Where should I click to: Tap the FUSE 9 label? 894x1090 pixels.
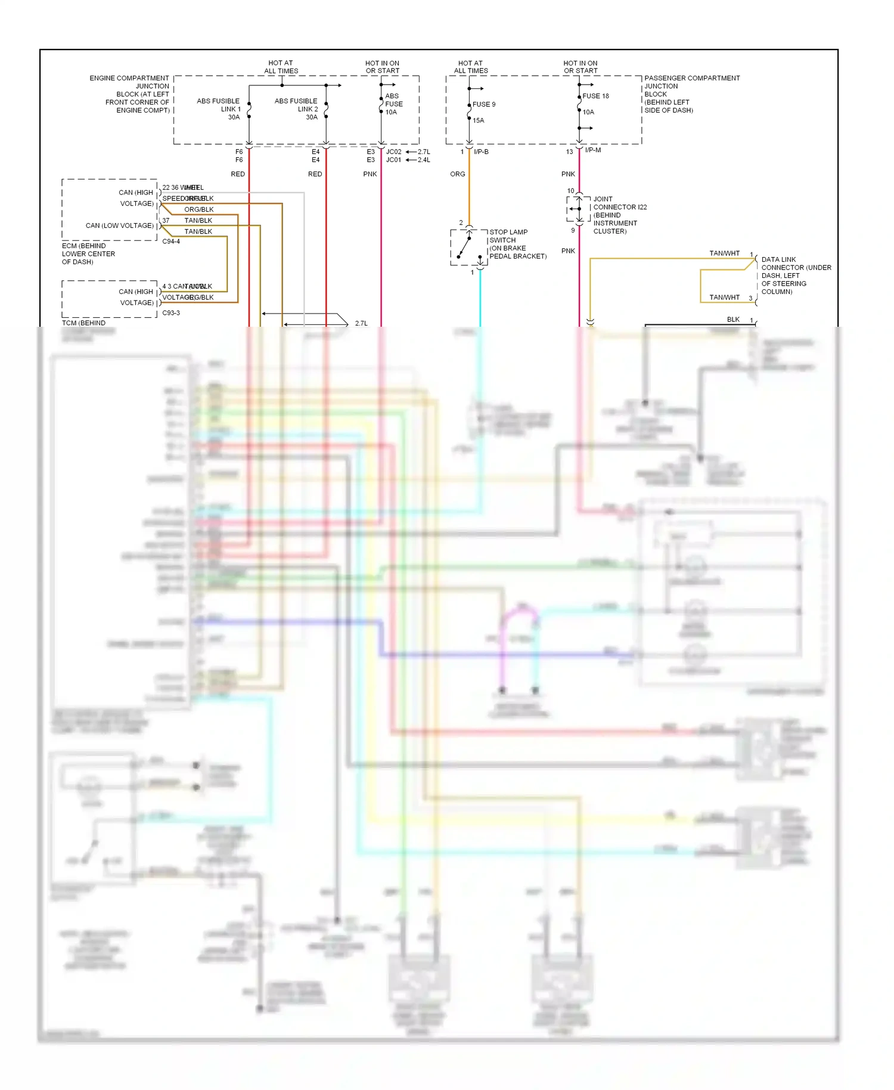pyautogui.click(x=484, y=104)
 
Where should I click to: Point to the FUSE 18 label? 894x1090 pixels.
pyautogui.click(x=595, y=96)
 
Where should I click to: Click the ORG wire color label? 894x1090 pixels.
pyautogui.click(x=458, y=174)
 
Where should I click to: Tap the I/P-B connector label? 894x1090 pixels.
pyautogui.click(x=481, y=152)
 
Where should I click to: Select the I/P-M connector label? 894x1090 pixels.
pyautogui.click(x=593, y=150)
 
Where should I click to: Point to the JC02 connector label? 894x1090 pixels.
pyautogui.click(x=394, y=152)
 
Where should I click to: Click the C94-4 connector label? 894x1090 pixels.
pyautogui.click(x=171, y=241)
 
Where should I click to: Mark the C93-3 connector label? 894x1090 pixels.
pyautogui.click(x=171, y=313)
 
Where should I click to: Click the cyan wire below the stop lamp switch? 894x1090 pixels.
pyautogui.click(x=480, y=298)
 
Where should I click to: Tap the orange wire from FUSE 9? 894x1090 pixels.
pyautogui.click(x=469, y=191)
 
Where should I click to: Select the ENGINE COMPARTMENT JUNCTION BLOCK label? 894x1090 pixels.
pyautogui.click(x=130, y=94)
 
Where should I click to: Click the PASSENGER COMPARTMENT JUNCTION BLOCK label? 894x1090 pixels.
pyautogui.click(x=691, y=94)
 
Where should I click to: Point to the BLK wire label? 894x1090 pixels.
pyautogui.click(x=733, y=320)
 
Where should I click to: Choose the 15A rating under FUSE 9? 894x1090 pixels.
pyautogui.click(x=479, y=120)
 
